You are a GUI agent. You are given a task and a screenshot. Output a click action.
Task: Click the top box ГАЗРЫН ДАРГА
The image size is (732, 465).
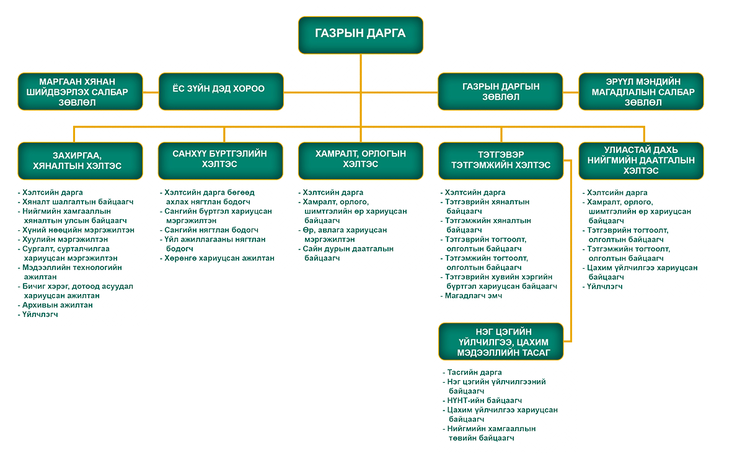click(361, 34)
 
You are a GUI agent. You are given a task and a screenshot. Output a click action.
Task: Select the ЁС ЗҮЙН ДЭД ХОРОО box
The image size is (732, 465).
click(221, 90)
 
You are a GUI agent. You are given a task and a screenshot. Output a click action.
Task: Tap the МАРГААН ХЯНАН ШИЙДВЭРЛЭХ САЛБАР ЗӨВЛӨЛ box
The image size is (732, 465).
click(80, 92)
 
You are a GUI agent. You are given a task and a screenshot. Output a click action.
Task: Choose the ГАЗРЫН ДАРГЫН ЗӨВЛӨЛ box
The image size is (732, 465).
click(500, 92)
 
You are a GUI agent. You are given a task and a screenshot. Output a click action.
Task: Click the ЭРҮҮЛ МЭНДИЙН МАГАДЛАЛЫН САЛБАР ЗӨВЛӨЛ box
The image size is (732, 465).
click(641, 92)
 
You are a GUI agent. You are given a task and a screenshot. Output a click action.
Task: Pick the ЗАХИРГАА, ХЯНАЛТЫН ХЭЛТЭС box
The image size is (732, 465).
click(80, 160)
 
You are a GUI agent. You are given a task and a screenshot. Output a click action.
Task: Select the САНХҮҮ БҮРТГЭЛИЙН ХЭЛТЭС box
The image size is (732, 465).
click(221, 160)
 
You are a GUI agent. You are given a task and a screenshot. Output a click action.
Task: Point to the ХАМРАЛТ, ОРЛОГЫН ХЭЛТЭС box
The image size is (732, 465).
click(361, 160)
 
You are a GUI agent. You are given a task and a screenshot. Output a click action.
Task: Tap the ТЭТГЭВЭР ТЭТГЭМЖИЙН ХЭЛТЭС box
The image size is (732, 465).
click(500, 160)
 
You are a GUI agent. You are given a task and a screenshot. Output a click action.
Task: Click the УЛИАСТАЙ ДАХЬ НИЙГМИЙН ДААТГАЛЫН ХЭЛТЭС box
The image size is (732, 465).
click(641, 160)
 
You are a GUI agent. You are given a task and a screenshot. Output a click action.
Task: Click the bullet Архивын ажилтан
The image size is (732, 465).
click(58, 305)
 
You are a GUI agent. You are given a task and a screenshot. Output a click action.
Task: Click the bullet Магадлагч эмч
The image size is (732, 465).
click(473, 296)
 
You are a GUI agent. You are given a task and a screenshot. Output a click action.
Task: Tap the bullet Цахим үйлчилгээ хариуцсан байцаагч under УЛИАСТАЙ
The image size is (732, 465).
click(642, 272)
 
